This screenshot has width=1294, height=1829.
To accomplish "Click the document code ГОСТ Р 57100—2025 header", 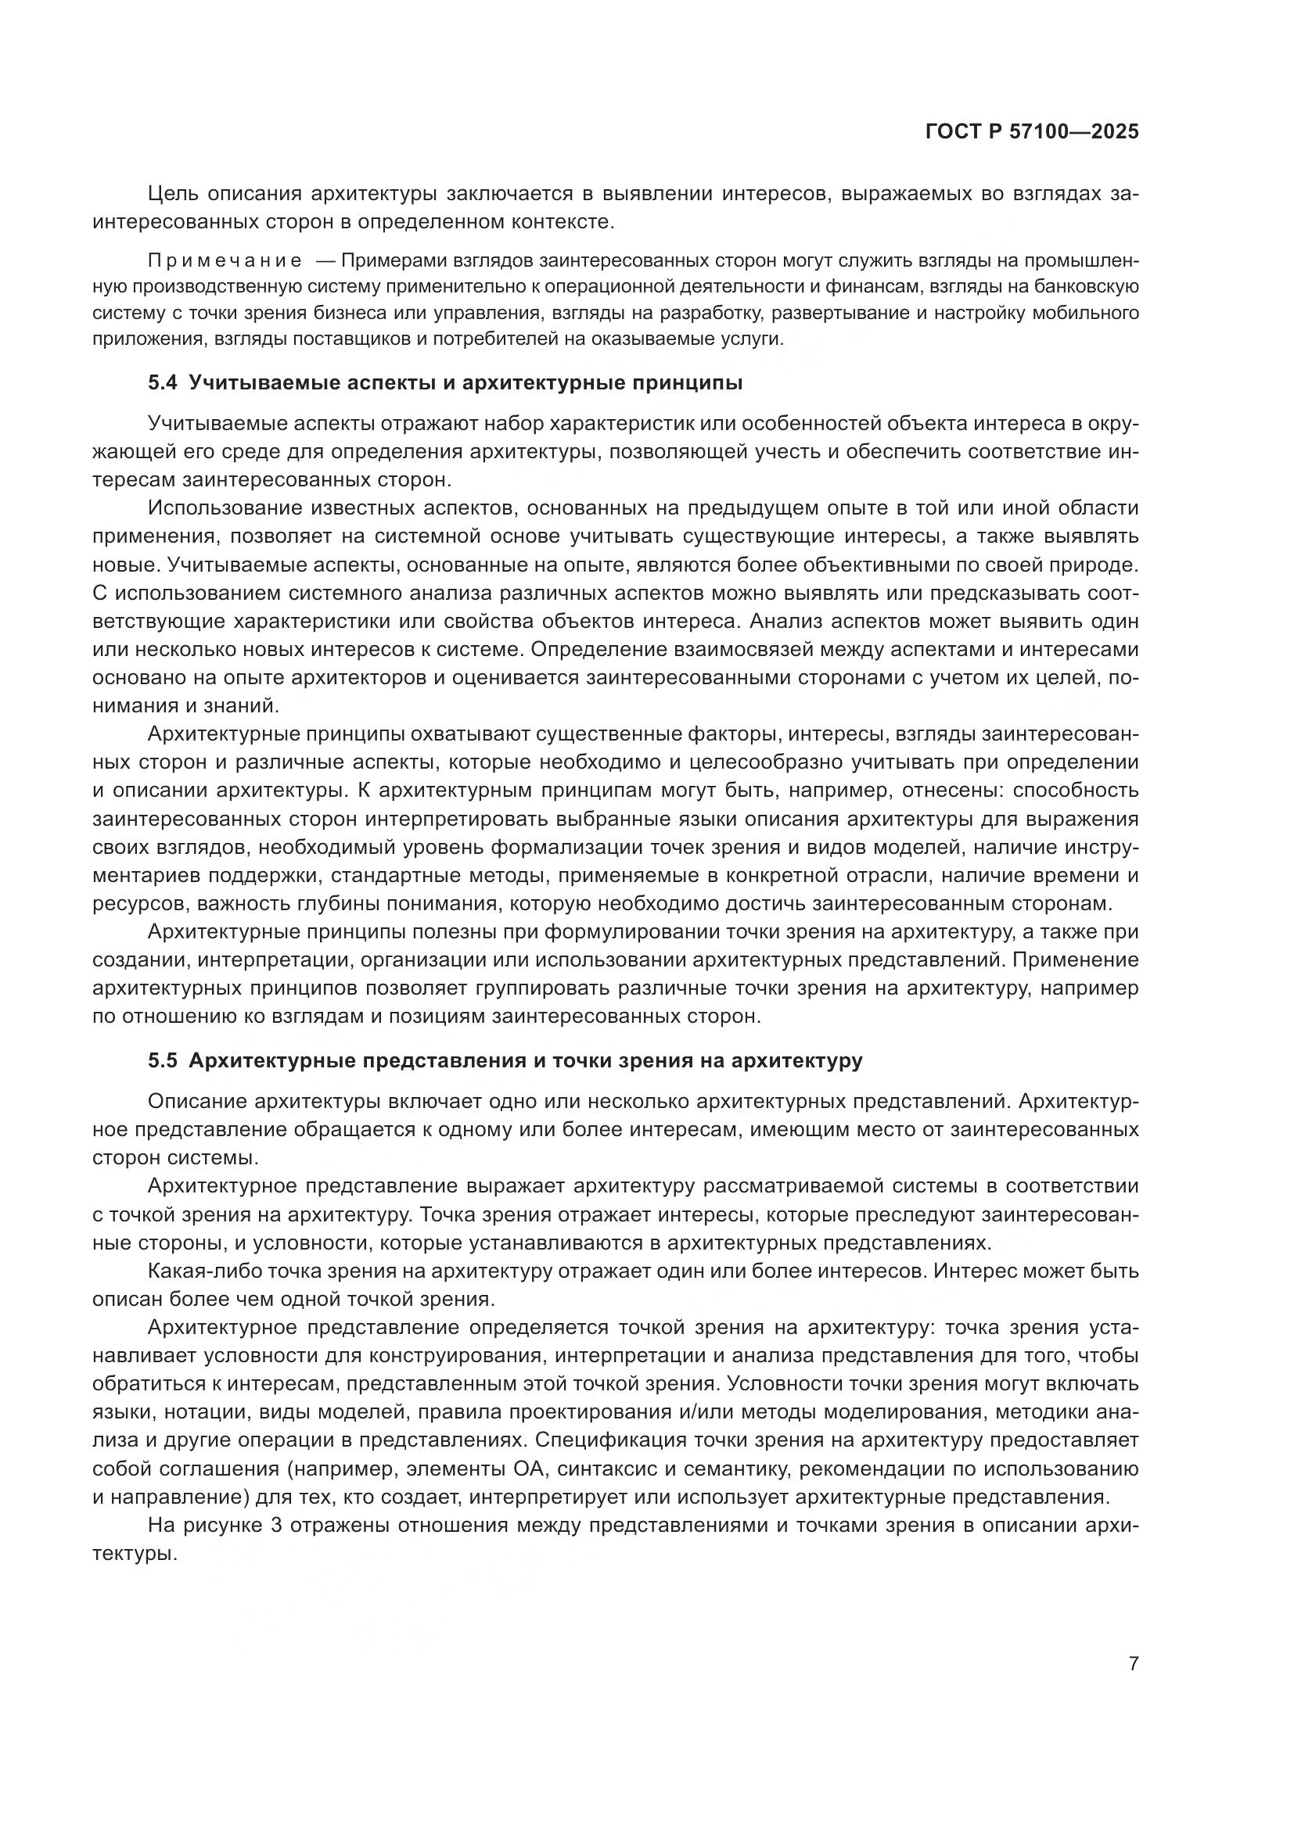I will [x=1032, y=132].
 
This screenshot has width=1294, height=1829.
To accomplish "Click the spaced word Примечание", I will [x=225, y=260].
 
